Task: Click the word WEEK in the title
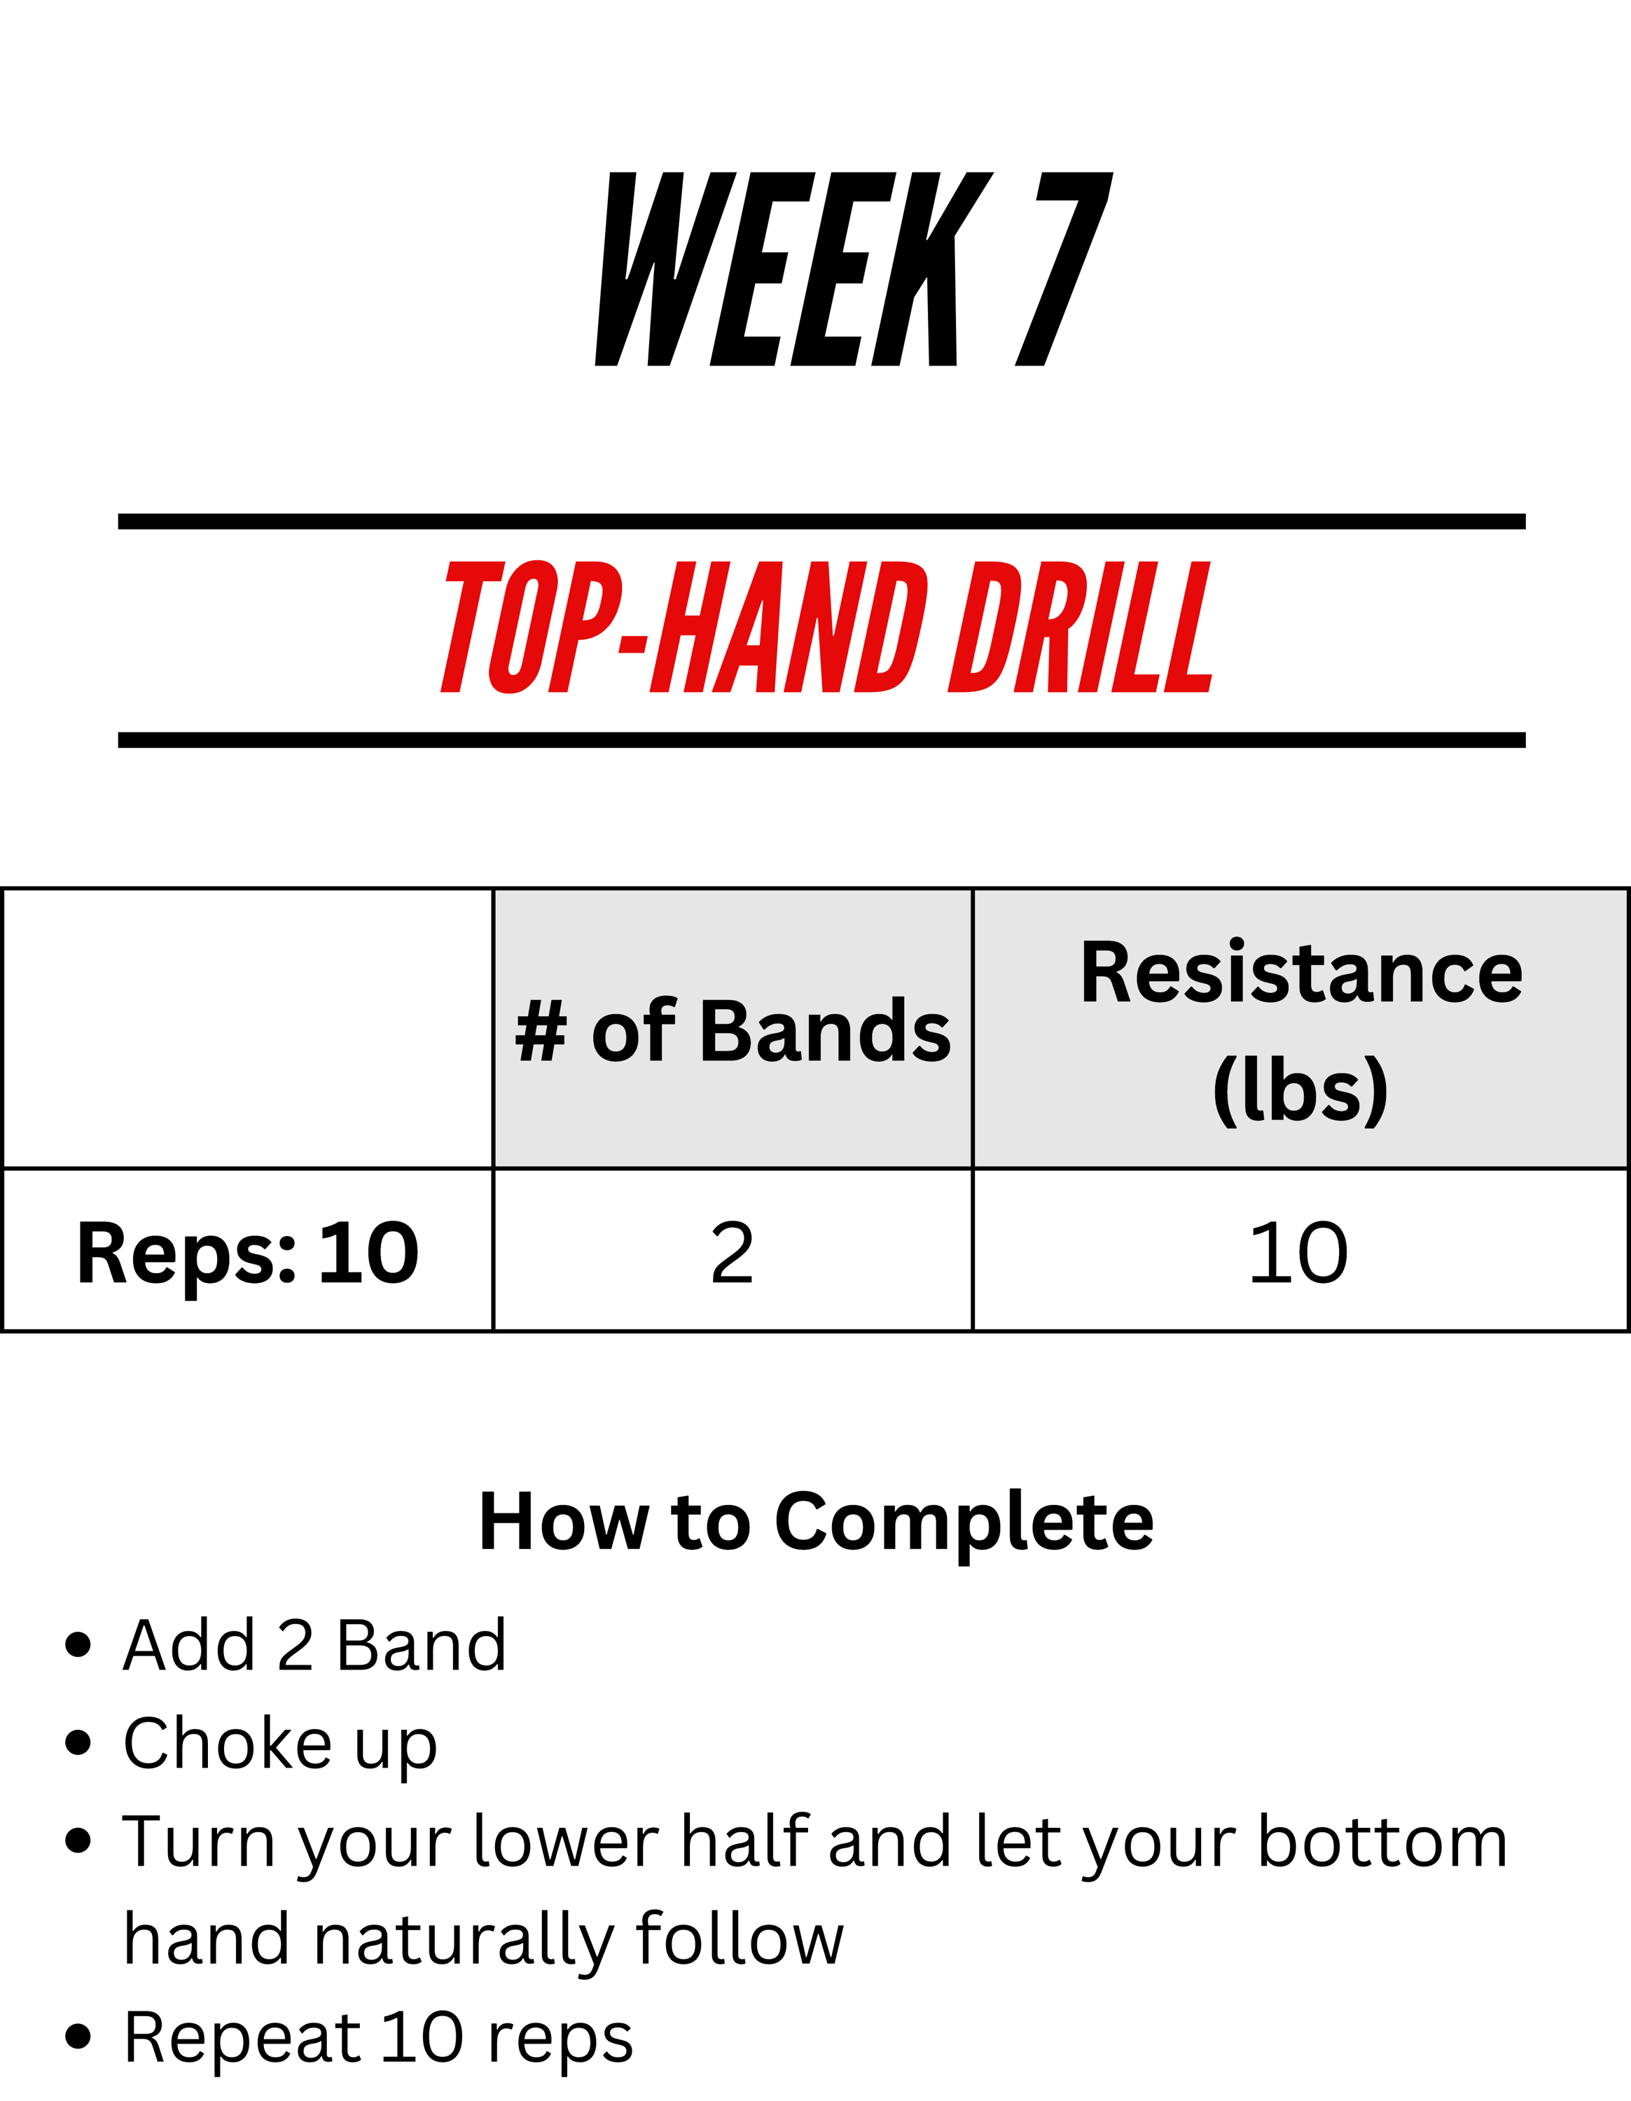pyautogui.click(x=794, y=270)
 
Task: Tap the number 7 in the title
pyautogui.click(x=1064, y=270)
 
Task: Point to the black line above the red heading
pyautogui.click(x=822, y=522)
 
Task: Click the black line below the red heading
pyautogui.click(x=822, y=740)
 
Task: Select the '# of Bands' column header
pyautogui.click(x=733, y=1029)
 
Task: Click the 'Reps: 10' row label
pyautogui.click(x=248, y=1252)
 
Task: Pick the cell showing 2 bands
pyautogui.click(x=733, y=1251)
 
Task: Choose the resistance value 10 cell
pyautogui.click(x=1301, y=1251)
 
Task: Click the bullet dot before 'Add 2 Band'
pyautogui.click(x=78, y=1644)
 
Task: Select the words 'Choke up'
pyautogui.click(x=281, y=1743)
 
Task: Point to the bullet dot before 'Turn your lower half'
pyautogui.click(x=78, y=1840)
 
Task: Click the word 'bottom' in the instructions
pyautogui.click(x=1384, y=1840)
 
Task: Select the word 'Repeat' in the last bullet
pyautogui.click(x=242, y=2037)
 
